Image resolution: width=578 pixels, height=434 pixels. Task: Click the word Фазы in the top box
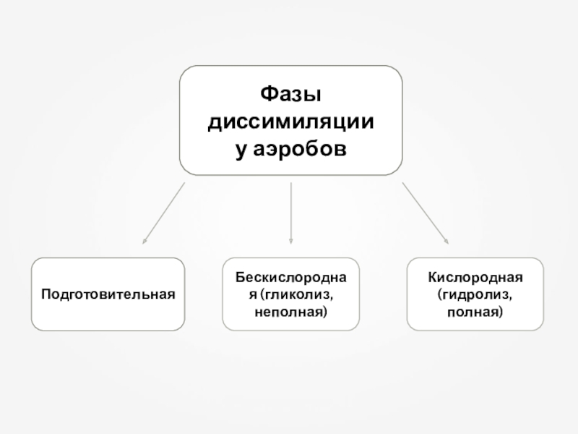tap(290, 95)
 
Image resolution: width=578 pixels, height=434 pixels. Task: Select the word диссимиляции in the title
tap(290, 121)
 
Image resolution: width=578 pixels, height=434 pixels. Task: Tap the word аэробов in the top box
tap(302, 148)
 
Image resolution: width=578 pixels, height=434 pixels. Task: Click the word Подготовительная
tap(108, 294)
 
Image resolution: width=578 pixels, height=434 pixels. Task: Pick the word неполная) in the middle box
tap(290, 312)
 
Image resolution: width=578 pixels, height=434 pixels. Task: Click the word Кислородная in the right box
tap(475, 278)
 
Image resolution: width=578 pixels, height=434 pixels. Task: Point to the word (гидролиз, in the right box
tap(475, 295)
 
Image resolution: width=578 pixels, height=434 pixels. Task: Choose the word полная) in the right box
tap(475, 312)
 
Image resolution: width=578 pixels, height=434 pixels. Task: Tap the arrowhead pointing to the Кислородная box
tap(447, 242)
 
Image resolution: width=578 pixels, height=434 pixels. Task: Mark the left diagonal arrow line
tap(165, 212)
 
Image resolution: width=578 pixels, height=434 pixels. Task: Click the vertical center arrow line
tap(290, 210)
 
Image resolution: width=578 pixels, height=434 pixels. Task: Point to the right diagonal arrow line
tap(423, 212)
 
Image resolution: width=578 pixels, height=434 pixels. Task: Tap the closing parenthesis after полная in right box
tap(500, 312)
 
